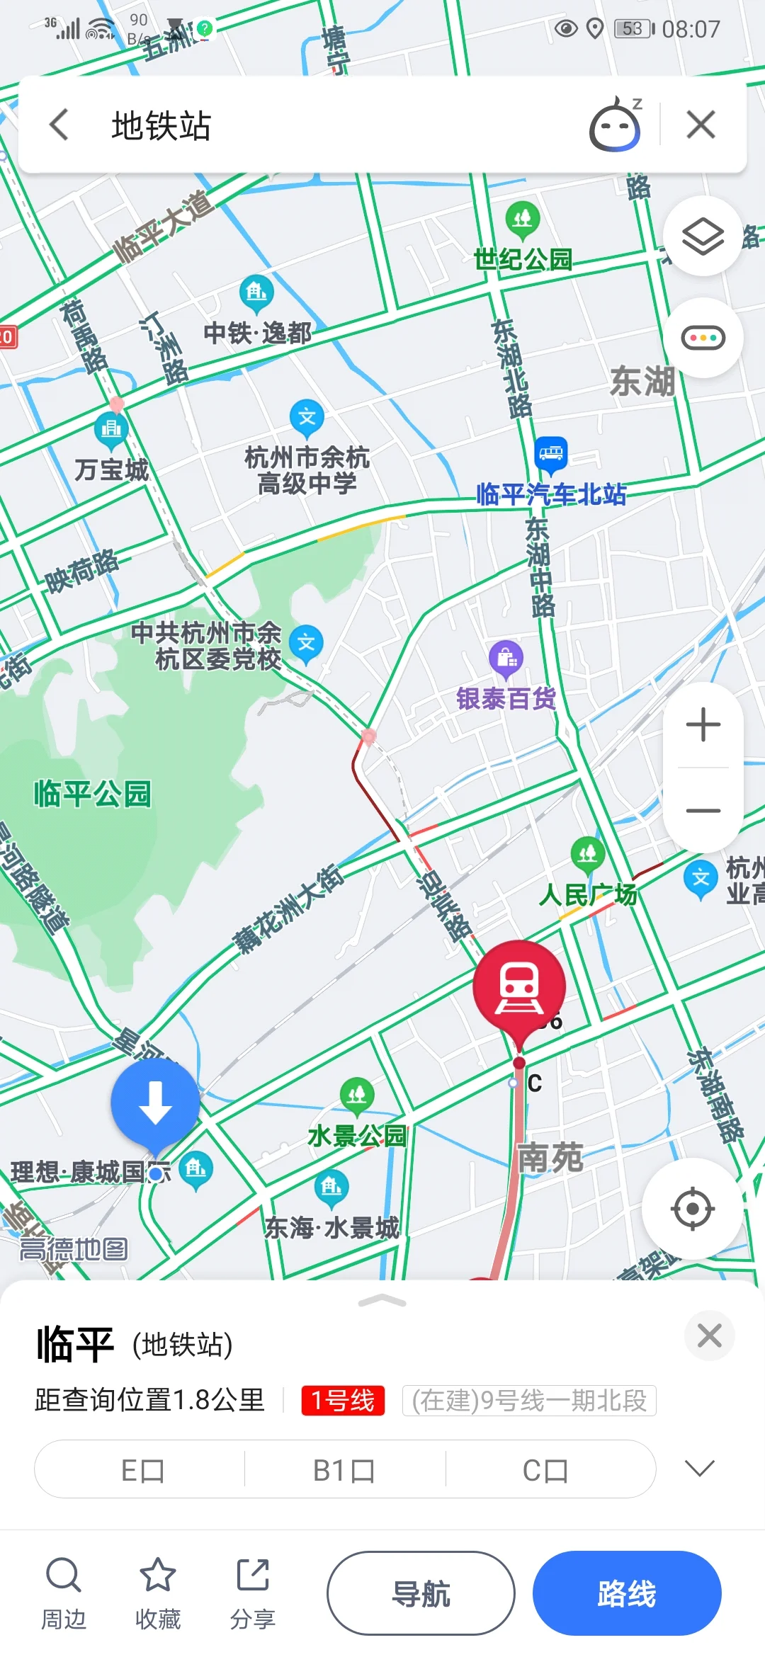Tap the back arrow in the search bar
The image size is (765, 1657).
point(59,125)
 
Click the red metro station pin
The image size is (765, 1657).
point(519,986)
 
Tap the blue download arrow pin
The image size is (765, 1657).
point(155,1103)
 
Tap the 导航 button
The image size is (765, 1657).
point(421,1594)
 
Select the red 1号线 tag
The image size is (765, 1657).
point(343,1400)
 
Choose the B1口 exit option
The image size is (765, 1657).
point(344,1471)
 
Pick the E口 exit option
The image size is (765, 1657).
point(142,1471)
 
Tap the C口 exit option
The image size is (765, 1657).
point(545,1471)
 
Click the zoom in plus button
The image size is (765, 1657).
point(703,725)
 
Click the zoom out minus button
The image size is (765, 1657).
point(703,811)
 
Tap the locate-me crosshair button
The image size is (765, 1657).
point(692,1209)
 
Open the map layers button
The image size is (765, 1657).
point(702,236)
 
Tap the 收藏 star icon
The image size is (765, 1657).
point(157,1576)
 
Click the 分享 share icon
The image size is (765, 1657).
point(253,1576)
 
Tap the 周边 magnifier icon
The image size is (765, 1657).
point(64,1576)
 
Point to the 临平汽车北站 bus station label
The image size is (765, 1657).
point(551,494)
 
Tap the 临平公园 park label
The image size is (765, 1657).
point(92,794)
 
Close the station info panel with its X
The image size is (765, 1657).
point(709,1336)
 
